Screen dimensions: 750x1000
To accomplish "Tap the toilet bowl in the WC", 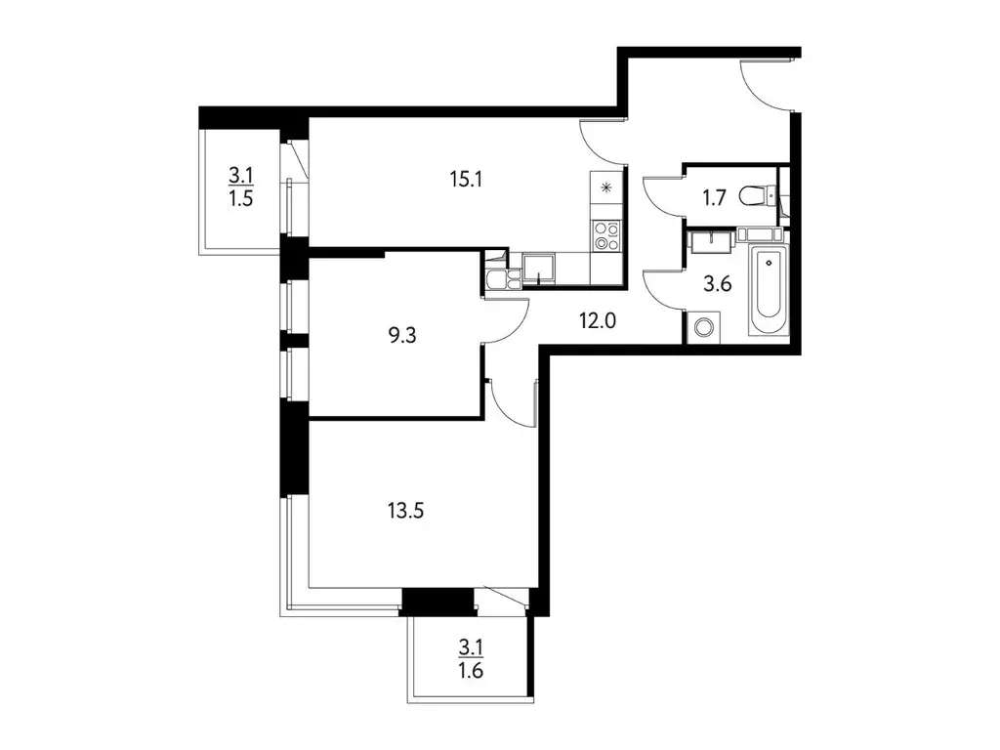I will click(x=755, y=196).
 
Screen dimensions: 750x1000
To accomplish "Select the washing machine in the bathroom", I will click(x=703, y=327).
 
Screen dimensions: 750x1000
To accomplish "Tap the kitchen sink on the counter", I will click(x=537, y=266).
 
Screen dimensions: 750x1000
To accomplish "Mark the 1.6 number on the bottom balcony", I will click(x=471, y=671).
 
